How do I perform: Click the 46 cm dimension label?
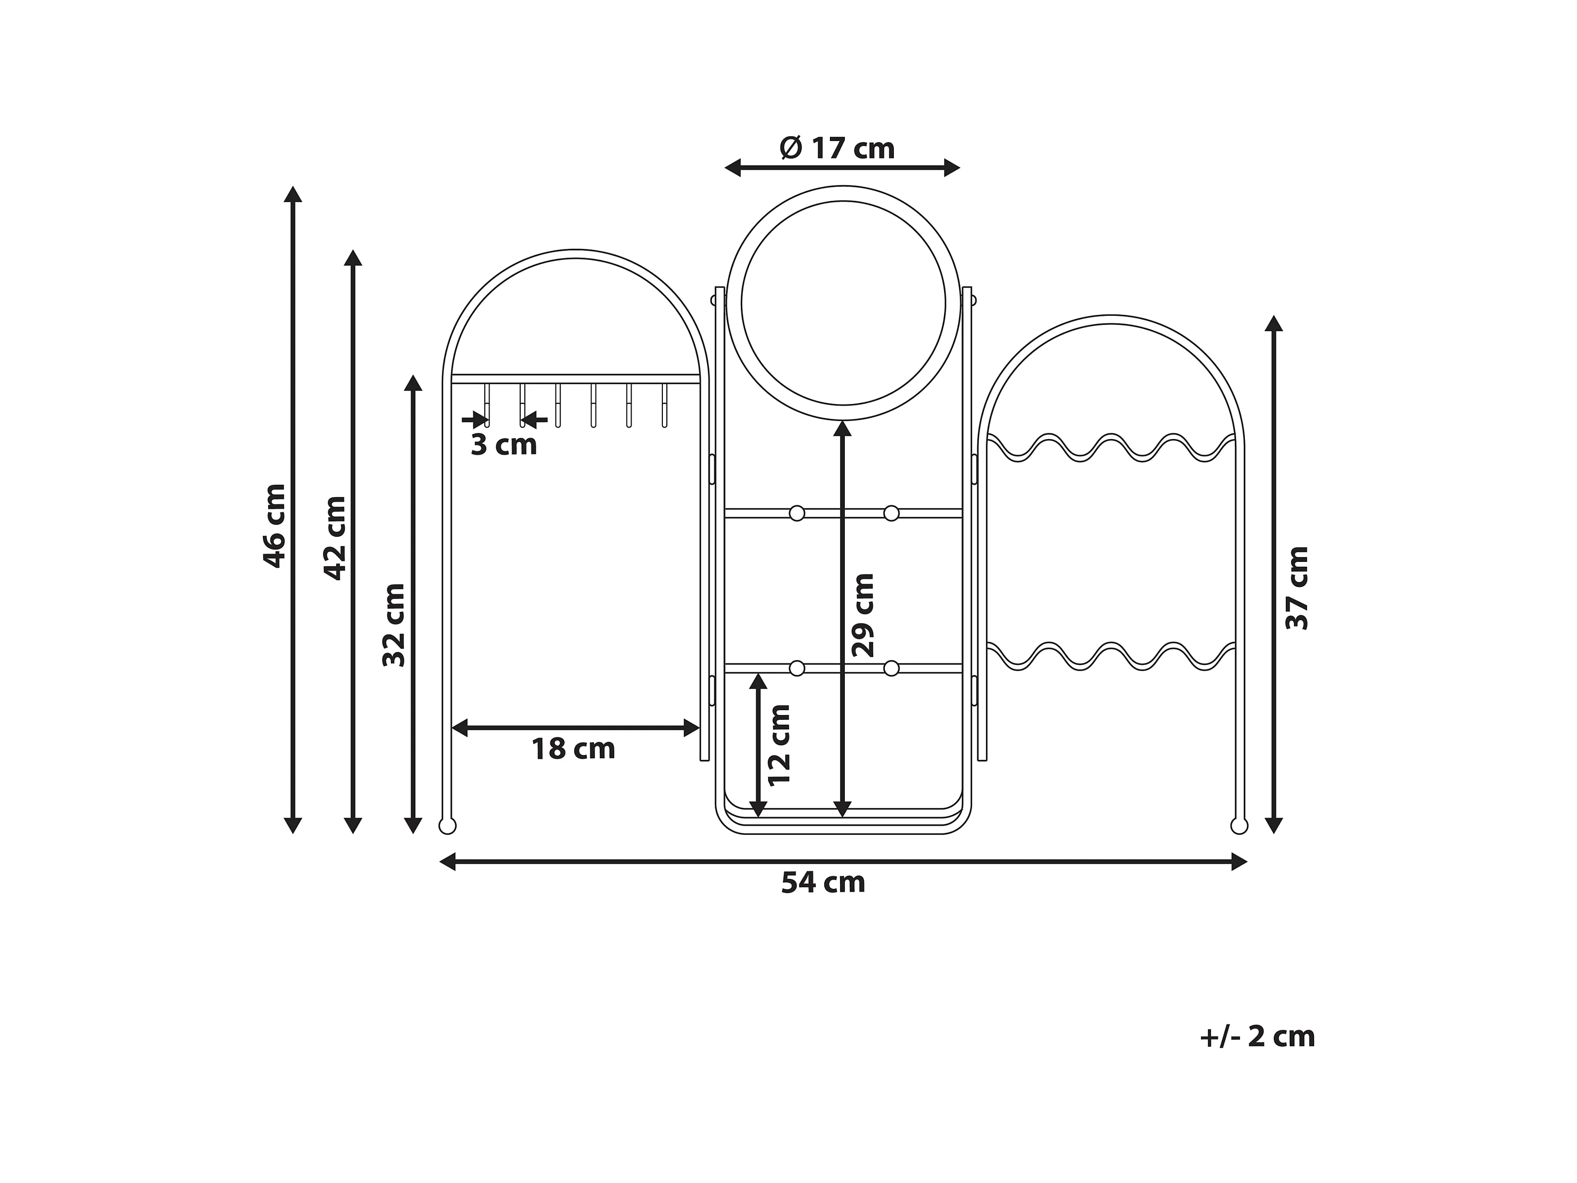point(274,526)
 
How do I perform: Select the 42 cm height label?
point(335,538)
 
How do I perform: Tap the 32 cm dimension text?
point(394,624)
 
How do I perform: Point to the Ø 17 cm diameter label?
point(837,148)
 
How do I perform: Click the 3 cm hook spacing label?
point(504,444)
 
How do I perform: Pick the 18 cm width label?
point(573,749)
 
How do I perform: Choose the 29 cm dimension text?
point(863,615)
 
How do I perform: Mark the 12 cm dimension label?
point(779,745)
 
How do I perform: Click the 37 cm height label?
point(1297,588)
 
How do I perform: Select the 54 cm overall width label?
point(824,883)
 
